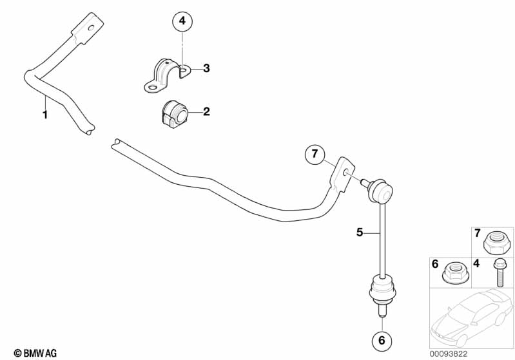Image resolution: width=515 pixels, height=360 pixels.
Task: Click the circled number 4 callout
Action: coord(182,21)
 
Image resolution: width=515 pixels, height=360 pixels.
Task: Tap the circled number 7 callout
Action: coord(315,154)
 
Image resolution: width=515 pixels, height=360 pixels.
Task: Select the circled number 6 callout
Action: coord(382,340)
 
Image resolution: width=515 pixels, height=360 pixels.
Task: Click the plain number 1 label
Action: coord(45,115)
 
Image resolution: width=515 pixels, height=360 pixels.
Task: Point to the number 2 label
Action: coord(206,111)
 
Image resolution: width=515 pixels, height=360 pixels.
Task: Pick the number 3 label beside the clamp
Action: coord(206,68)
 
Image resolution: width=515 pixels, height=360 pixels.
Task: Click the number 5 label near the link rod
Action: coord(360,232)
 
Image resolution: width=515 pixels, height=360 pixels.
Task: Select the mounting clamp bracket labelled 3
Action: coord(168,76)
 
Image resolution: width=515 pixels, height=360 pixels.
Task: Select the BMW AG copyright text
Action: coord(35,353)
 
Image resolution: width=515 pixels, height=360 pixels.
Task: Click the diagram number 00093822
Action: coord(449,354)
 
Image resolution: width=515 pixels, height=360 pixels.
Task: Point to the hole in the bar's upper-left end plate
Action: coord(92,28)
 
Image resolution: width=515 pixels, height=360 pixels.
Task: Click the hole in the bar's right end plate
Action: coord(345,172)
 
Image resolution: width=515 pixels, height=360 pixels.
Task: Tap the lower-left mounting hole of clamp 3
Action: coord(152,88)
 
